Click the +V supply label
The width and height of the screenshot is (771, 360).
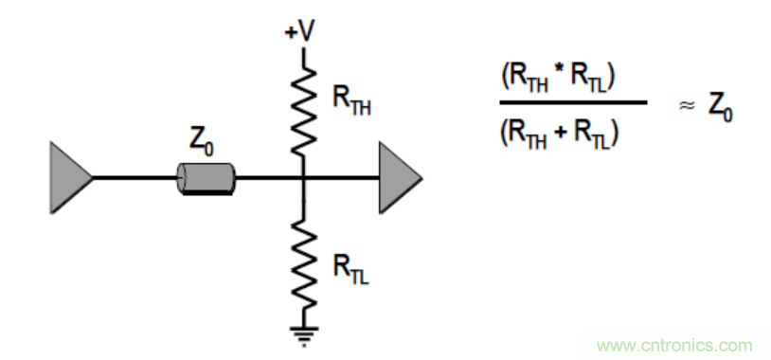click(x=298, y=33)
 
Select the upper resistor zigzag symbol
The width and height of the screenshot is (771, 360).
click(x=303, y=112)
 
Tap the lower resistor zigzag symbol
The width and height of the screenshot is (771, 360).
click(x=303, y=264)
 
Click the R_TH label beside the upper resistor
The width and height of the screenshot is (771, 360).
click(x=351, y=99)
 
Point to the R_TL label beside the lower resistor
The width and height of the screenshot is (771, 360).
click(x=350, y=268)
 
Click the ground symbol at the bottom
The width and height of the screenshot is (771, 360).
click(x=304, y=335)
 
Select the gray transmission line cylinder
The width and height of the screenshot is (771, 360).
click(x=206, y=179)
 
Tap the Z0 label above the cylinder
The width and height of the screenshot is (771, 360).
click(x=202, y=144)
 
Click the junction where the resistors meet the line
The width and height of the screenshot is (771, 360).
click(x=303, y=177)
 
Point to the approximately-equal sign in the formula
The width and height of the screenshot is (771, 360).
click(x=687, y=106)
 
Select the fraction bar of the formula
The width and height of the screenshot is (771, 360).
click(x=573, y=102)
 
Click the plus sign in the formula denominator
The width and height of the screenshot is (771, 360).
click(x=565, y=134)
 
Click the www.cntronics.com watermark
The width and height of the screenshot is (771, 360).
click(x=674, y=345)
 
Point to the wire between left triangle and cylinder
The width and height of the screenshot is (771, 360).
click(x=134, y=177)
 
